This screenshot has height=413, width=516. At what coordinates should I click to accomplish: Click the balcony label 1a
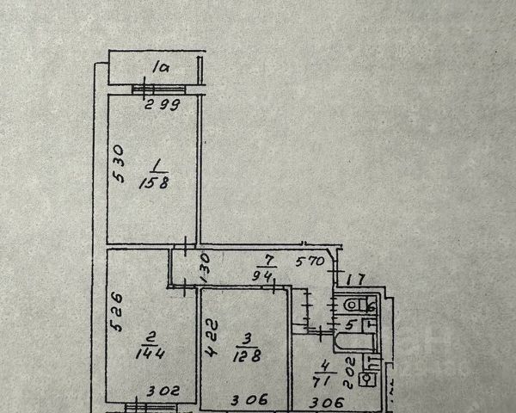[159, 65]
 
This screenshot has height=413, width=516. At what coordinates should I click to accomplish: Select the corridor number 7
[268, 260]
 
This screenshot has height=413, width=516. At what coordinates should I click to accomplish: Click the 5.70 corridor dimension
[310, 262]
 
